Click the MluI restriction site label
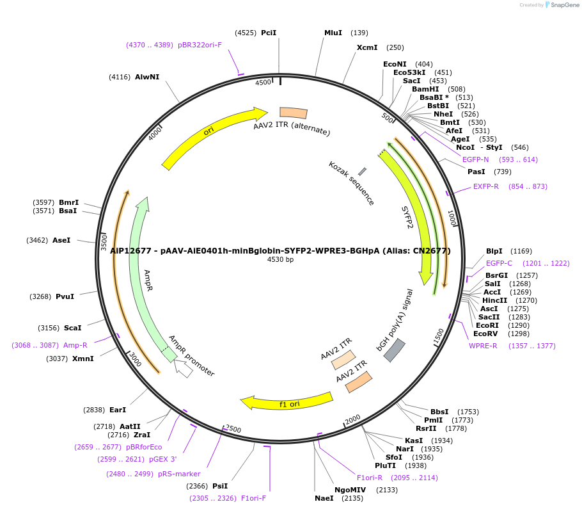tap(333, 33)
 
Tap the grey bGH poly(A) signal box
tap(395, 350)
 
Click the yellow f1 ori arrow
tap(288, 401)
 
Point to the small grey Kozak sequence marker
tap(362, 172)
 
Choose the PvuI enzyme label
tap(65, 296)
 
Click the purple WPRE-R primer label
tap(483, 346)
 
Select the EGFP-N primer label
tap(475, 159)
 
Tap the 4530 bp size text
tap(280, 259)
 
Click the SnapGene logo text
tap(563, 4)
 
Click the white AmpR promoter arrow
tap(184, 369)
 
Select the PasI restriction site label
tap(476, 172)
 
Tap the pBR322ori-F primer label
tap(200, 45)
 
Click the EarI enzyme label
tap(118, 410)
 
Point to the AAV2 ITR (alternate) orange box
tap(294, 113)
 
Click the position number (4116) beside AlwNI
tap(120, 77)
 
